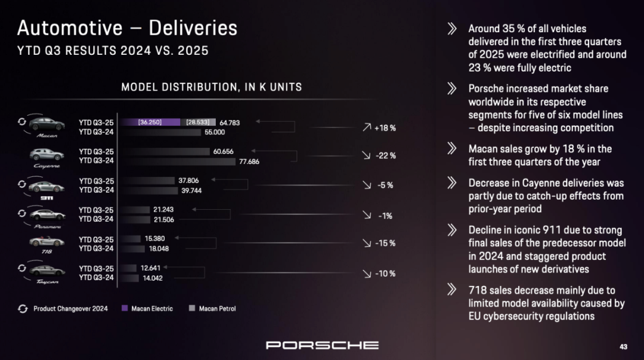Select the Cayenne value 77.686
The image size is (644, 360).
pos(249,161)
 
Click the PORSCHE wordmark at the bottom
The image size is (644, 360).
pos(322,345)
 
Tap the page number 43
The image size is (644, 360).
pos(623,346)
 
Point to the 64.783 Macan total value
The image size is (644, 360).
pos(230,123)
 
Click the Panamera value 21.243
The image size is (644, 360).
pos(163,210)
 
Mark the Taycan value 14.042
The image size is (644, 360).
pos(152,278)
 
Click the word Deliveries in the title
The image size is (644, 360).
pos(193,28)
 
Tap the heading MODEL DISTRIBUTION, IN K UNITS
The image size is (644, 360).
pos(212,87)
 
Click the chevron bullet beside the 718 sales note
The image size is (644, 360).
pos(452,290)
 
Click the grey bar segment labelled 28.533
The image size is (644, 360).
pos(199,122)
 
